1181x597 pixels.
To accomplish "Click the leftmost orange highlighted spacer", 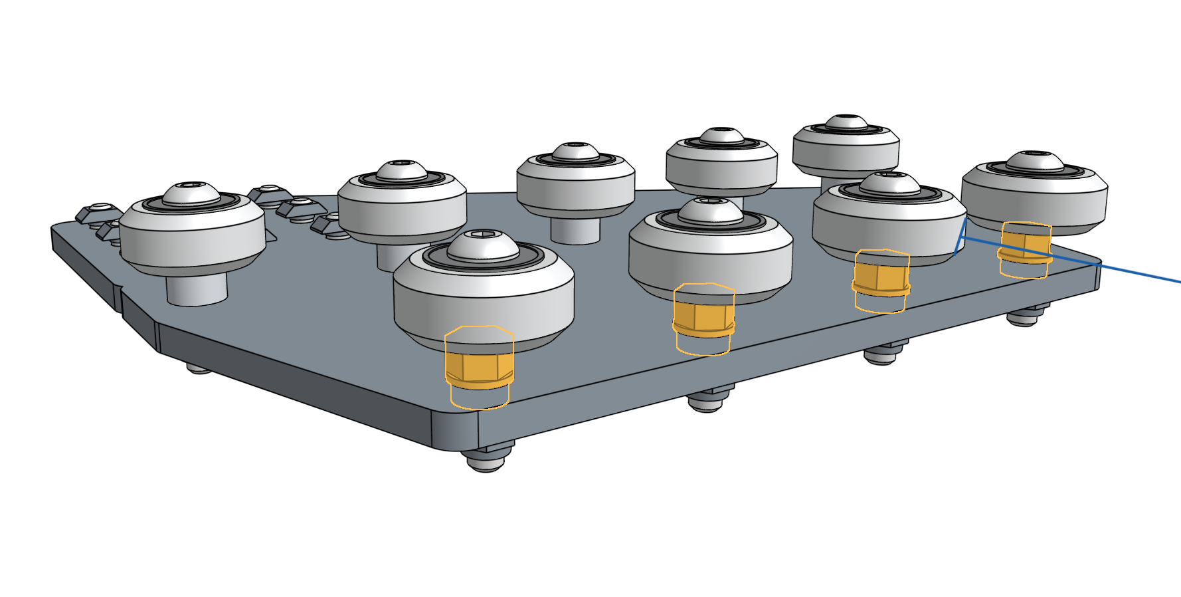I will tap(478, 370).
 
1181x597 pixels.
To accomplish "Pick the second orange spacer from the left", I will tap(703, 317).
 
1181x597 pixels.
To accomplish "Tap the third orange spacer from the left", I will tap(881, 279).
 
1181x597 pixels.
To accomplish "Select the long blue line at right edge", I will tap(1129, 272).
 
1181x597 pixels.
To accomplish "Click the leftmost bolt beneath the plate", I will tap(199, 367).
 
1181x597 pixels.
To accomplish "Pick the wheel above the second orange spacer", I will tap(710, 256).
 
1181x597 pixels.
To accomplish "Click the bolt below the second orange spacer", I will tap(707, 402).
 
